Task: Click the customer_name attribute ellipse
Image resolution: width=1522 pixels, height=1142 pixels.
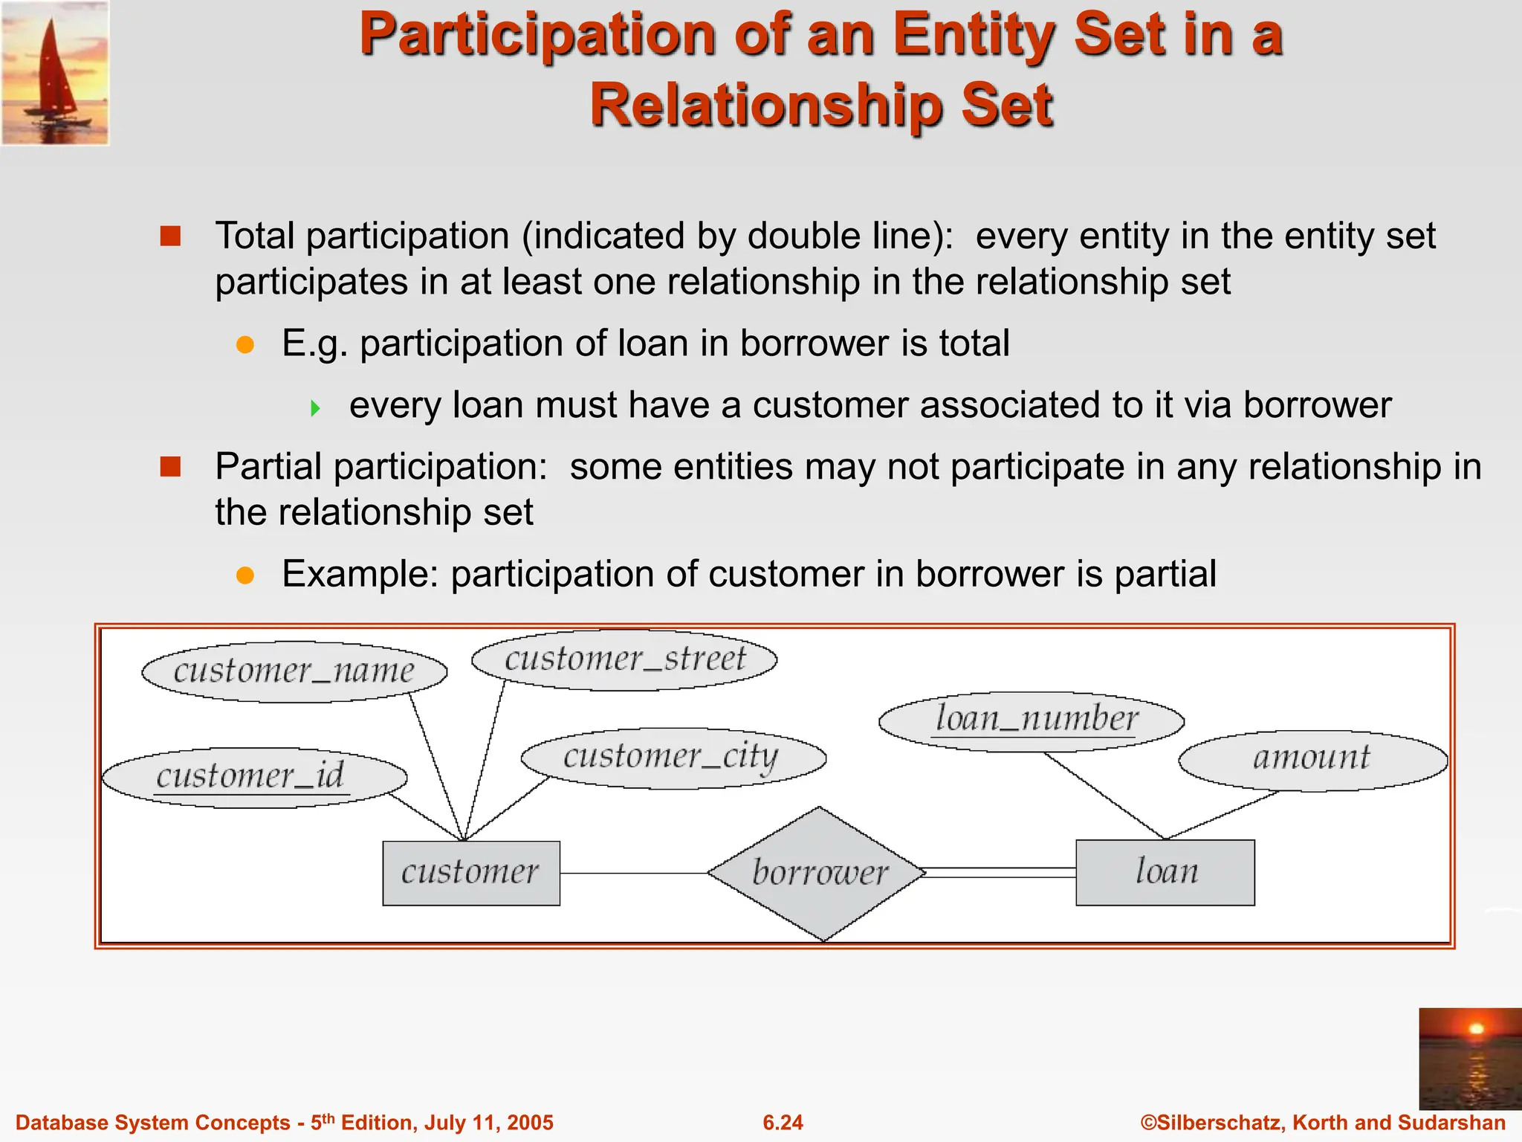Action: (294, 671)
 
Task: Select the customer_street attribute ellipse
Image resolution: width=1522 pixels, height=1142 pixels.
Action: (624, 659)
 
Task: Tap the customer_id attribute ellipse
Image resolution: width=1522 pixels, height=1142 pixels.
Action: (254, 778)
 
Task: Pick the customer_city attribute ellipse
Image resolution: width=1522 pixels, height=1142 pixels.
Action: (673, 758)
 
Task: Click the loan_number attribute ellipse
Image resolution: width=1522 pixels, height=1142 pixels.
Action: (1032, 720)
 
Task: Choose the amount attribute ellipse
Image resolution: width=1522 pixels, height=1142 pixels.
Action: (1312, 760)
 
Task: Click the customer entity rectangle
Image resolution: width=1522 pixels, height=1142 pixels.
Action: (471, 873)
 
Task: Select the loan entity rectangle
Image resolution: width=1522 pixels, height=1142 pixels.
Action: (1165, 872)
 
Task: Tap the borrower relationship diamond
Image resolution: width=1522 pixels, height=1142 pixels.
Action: (817, 873)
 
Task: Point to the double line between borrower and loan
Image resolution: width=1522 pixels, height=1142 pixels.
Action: (1000, 873)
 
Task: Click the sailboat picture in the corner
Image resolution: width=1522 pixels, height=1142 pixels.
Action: (55, 73)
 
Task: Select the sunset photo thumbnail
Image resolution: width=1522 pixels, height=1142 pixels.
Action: (1469, 1059)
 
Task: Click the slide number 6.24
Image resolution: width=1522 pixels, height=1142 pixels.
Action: (783, 1123)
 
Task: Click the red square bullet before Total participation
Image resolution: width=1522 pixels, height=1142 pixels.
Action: (171, 236)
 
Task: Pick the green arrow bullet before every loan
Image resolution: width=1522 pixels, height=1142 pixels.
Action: (315, 407)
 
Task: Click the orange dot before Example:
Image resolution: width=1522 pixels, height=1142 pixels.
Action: (245, 575)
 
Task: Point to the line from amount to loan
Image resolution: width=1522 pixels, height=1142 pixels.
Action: (1223, 815)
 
